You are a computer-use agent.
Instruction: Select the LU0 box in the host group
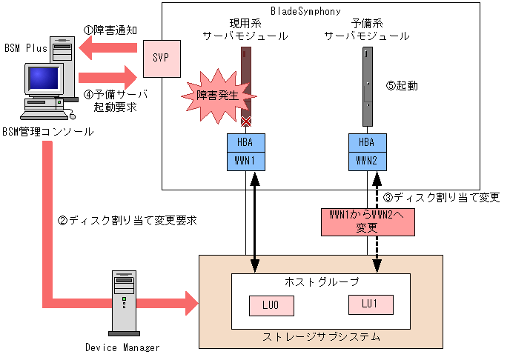tap(271, 304)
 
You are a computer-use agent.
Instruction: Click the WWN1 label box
tap(246, 159)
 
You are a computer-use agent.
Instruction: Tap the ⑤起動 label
tap(403, 85)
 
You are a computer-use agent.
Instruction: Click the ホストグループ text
tap(322, 281)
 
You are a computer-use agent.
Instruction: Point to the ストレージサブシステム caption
tap(322, 337)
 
